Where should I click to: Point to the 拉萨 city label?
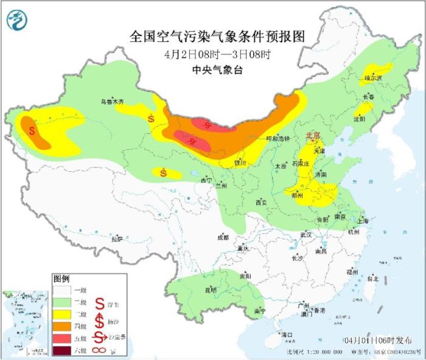click(x=117, y=239)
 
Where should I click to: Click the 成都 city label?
click(x=222, y=237)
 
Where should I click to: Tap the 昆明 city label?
click(x=211, y=290)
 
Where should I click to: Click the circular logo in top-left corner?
click(x=17, y=21)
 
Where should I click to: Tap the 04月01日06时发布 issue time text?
click(x=376, y=339)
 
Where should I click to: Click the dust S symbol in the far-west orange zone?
click(x=32, y=130)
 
